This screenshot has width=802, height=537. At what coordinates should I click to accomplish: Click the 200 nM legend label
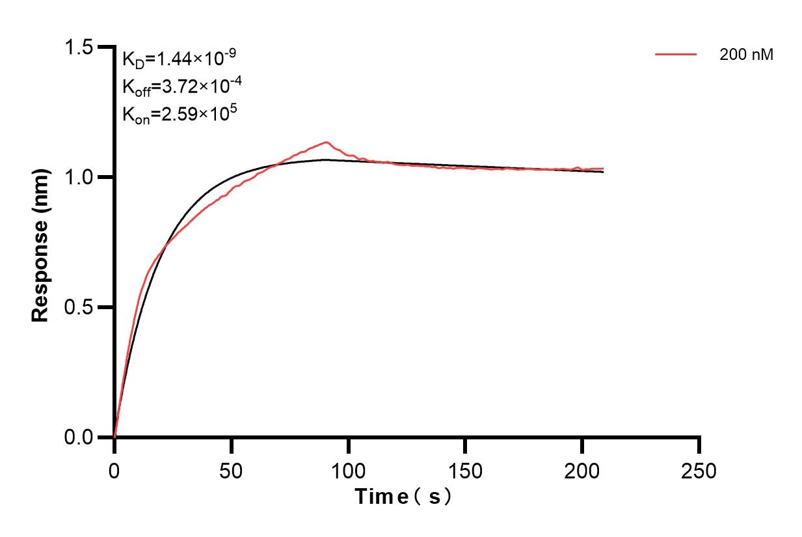point(746,55)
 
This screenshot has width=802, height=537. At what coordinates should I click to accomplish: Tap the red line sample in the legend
point(676,55)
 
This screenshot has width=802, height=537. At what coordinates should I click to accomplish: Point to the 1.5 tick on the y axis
point(78,48)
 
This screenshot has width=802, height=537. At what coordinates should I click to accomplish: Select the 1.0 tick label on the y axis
point(78,177)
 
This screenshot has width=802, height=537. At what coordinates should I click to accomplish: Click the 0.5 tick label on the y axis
point(78,307)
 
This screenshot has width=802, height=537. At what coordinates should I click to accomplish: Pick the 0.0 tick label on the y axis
point(78,437)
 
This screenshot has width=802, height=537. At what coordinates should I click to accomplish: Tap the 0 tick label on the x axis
point(114,470)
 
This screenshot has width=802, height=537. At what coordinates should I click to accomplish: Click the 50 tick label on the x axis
point(232,470)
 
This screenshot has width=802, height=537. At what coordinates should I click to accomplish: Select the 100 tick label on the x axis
point(349,470)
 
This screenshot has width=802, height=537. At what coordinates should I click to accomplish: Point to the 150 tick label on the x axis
point(465,470)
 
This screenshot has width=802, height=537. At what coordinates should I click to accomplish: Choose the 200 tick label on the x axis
point(582,470)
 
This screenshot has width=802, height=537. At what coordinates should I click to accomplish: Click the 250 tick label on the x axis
point(699,470)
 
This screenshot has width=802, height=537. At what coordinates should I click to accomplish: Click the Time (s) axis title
point(403,497)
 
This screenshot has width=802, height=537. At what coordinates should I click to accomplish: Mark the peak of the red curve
point(326,142)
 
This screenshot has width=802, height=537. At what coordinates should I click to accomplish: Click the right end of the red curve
point(603,169)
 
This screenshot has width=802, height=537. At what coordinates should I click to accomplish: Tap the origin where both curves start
point(114,436)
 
